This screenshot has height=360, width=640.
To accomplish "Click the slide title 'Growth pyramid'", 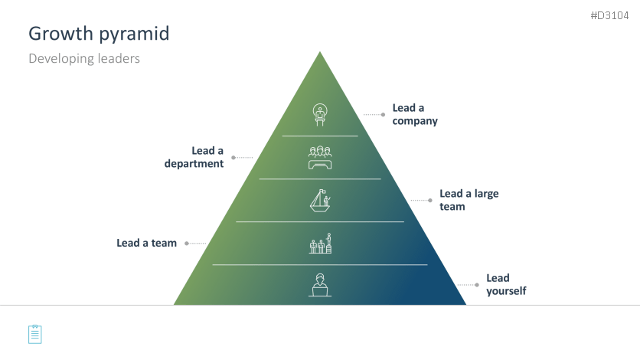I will click(x=99, y=34).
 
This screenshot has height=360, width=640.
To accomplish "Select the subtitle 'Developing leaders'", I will click(x=84, y=58).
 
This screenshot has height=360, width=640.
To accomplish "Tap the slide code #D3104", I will click(x=610, y=16).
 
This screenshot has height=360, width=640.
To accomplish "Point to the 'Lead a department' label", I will click(x=194, y=157).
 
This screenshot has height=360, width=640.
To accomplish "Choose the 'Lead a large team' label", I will click(x=469, y=200).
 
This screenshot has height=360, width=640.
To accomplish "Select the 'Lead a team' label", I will click(x=146, y=243).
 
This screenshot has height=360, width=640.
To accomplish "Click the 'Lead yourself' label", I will click(x=506, y=284).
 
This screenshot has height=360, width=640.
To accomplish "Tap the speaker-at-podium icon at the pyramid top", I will click(x=320, y=114).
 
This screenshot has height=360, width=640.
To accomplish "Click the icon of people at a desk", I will click(x=320, y=157).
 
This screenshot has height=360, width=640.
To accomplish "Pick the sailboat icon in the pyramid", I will click(x=320, y=200).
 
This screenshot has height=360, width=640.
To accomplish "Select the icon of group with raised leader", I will click(x=320, y=243).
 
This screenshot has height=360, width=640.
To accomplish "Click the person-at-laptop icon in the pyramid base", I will click(x=320, y=284).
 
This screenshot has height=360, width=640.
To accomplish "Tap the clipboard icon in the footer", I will click(x=35, y=334).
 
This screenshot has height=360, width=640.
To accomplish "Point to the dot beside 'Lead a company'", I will click(x=383, y=115).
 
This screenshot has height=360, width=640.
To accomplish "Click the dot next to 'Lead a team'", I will click(x=187, y=244).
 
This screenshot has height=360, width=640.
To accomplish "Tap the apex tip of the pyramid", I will click(x=320, y=52).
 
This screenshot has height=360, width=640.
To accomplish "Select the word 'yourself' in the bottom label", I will click(x=506, y=291).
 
